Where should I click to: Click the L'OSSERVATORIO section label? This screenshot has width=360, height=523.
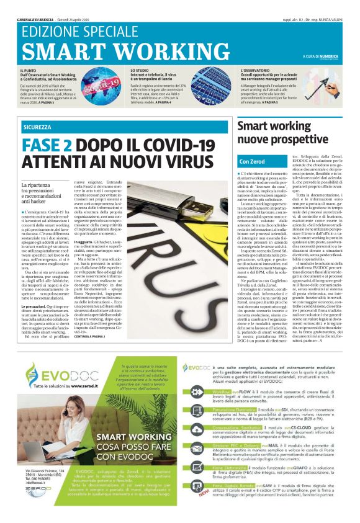tap(255, 71)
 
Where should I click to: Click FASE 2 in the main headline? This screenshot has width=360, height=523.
tap(49, 146)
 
